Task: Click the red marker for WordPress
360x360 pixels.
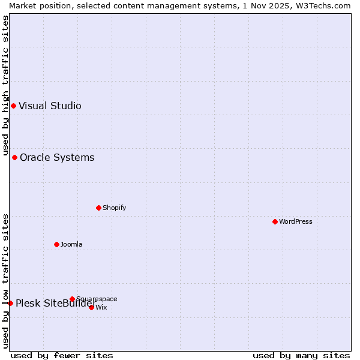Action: (275, 221)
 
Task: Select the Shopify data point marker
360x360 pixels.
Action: (98, 208)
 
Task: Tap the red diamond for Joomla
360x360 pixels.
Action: (56, 244)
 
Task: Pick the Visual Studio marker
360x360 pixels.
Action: (13, 106)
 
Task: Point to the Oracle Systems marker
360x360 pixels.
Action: (14, 158)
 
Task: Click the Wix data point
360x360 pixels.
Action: (91, 307)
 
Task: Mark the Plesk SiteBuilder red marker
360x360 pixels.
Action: (10, 303)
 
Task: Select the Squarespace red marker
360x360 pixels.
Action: (72, 299)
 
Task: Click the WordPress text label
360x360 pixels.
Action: (296, 221)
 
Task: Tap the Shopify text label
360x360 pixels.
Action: (114, 208)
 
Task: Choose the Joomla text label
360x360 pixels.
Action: (71, 244)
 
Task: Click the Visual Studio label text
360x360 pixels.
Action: (50, 106)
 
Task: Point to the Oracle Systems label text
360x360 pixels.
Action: (57, 158)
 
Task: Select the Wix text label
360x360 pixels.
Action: (101, 307)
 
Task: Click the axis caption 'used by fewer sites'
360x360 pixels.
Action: (62, 355)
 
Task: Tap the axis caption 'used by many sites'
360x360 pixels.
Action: (301, 355)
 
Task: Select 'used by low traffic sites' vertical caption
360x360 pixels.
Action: (5, 280)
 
